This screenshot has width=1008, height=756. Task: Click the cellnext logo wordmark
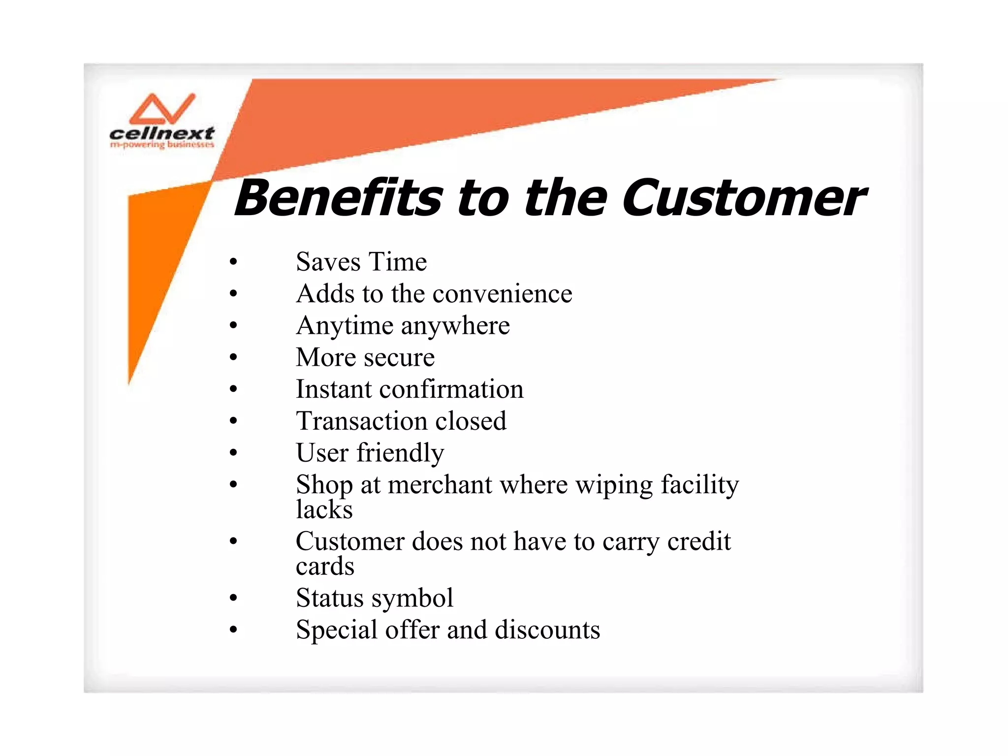click(161, 133)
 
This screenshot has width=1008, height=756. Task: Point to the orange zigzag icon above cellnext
click(162, 109)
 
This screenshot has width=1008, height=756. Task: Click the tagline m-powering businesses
click(162, 145)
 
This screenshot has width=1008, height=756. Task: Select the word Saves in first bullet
click(328, 262)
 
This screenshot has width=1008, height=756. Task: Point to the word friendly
click(400, 453)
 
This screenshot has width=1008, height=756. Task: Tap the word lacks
click(324, 509)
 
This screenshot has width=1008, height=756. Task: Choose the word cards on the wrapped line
click(325, 566)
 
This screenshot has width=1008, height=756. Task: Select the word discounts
click(547, 630)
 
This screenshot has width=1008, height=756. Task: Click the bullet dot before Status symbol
click(233, 598)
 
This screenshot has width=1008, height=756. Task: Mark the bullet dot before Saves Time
click(233, 262)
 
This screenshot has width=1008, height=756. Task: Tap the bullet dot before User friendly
click(233, 453)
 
